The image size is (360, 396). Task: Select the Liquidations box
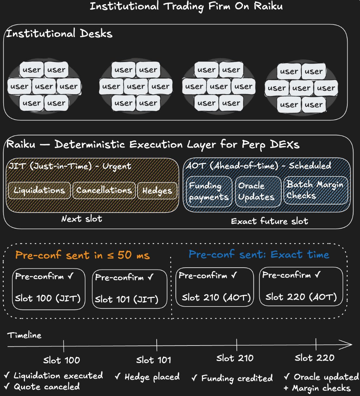(x=39, y=190)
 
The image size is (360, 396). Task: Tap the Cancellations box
(x=104, y=190)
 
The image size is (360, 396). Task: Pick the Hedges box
(x=157, y=190)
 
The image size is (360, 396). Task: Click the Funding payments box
(x=209, y=192)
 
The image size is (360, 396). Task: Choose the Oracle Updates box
(x=258, y=192)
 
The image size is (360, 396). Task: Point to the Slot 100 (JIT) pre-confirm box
(x=49, y=289)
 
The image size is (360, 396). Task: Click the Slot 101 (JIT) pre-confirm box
(x=129, y=289)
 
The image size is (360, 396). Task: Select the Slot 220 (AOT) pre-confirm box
(x=301, y=286)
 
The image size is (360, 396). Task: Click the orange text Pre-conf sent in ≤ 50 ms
(x=82, y=255)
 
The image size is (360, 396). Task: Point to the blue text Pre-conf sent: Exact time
(x=259, y=255)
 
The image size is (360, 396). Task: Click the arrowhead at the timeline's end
(x=348, y=346)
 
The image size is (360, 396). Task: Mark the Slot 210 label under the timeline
(x=235, y=358)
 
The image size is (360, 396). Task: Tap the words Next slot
(x=82, y=219)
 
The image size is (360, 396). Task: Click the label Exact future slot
(x=269, y=221)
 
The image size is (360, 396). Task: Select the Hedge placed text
(x=147, y=377)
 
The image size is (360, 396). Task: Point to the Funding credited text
(x=232, y=378)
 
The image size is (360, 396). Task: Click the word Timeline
(x=25, y=335)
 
